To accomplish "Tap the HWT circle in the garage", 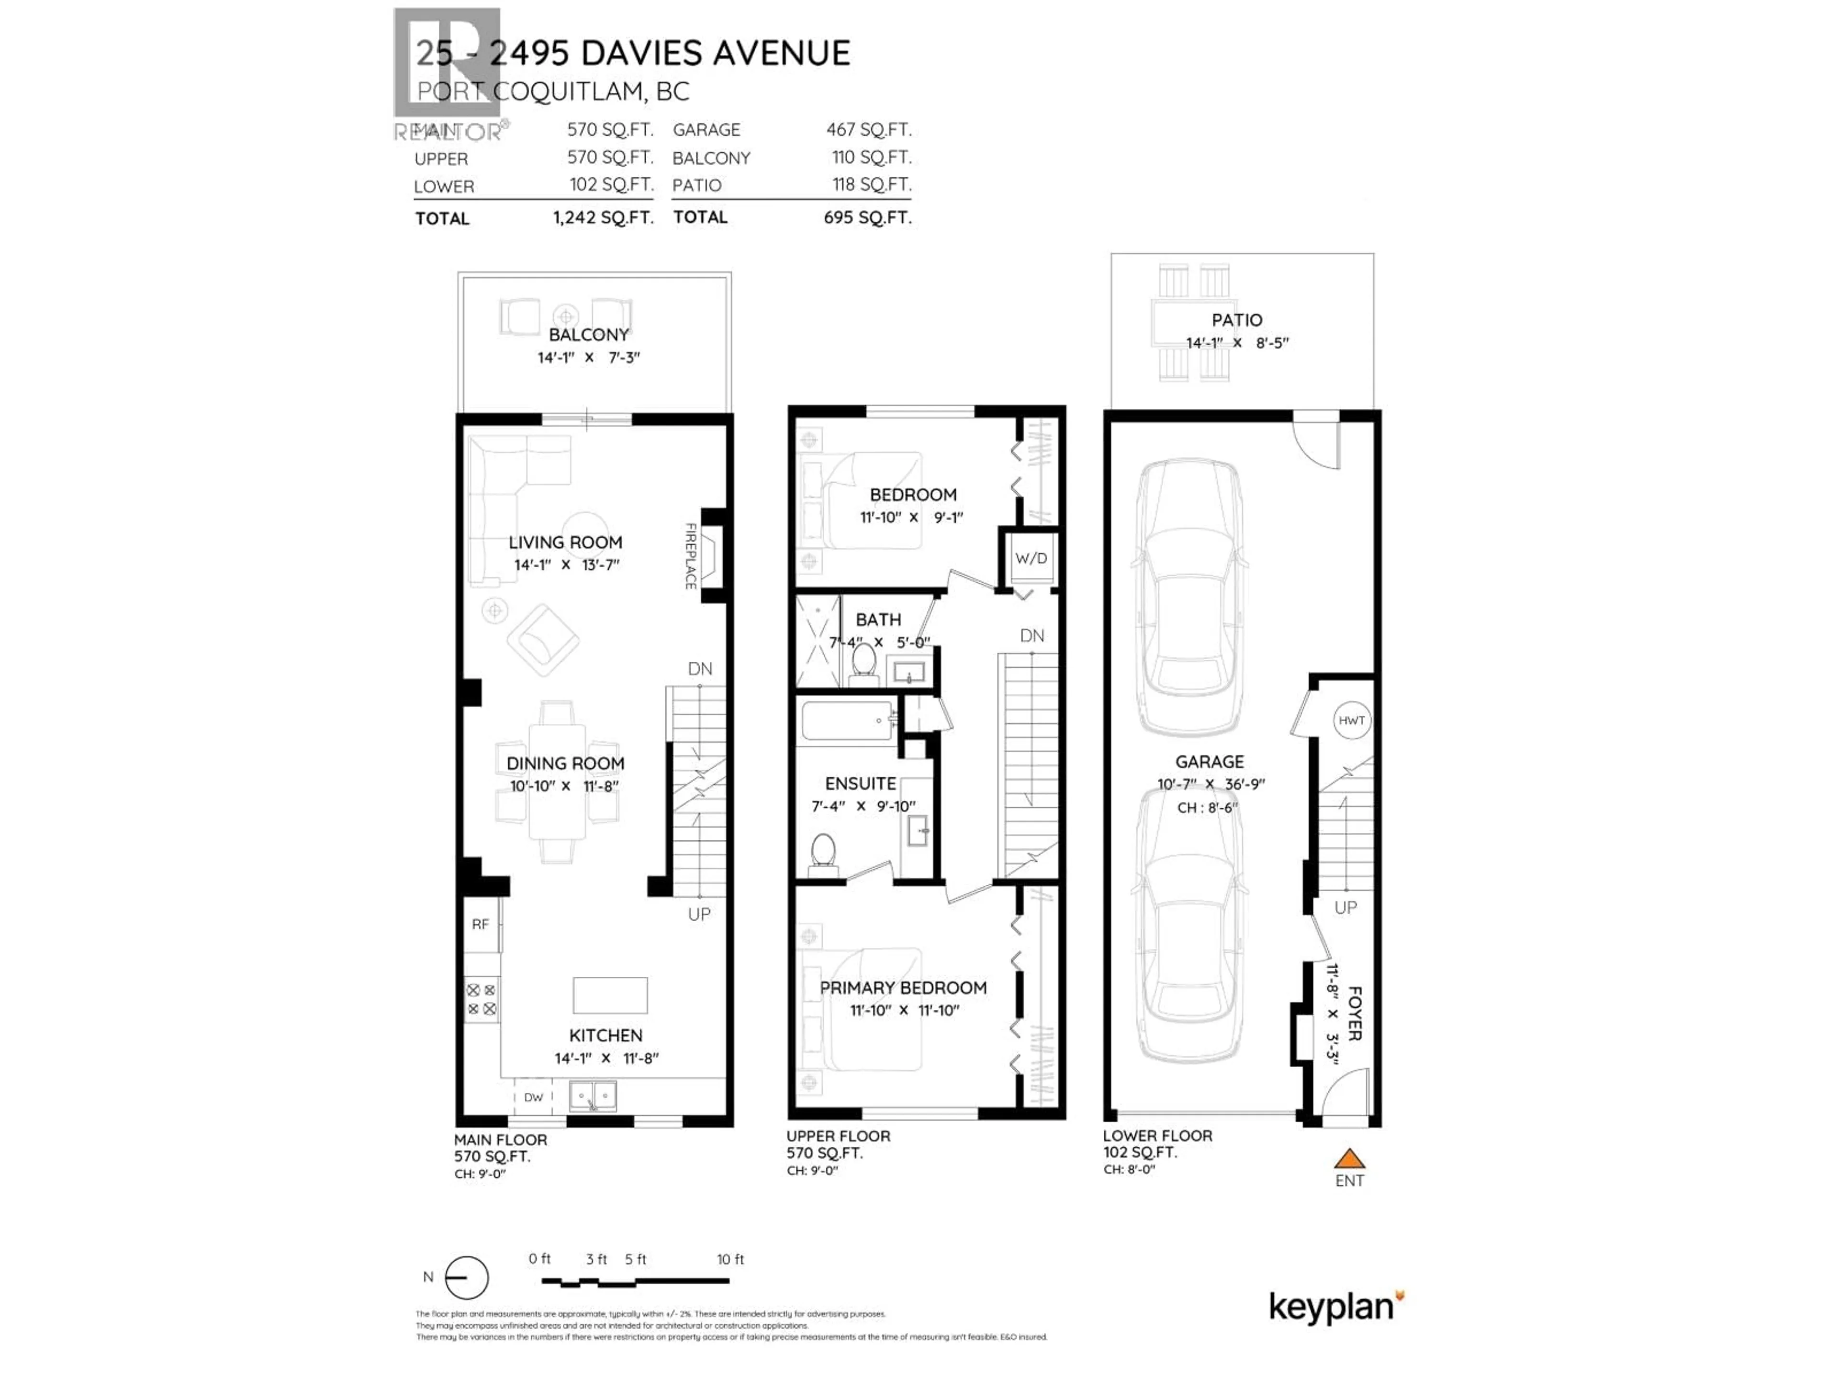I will pos(1351,721).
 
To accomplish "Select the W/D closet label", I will pos(1031,559).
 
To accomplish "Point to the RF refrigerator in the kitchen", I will pos(480,924).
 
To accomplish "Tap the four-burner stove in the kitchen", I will pos(481,999).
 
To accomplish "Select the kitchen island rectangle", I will pos(610,995).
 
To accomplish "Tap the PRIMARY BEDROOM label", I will pos(903,987).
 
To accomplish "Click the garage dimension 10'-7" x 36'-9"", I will pos(1210,784).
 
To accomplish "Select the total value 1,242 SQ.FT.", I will pos(603,218).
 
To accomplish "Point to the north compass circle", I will pos(467,1277).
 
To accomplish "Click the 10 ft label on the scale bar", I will pos(730,1259).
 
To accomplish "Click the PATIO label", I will pos(1236,320).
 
